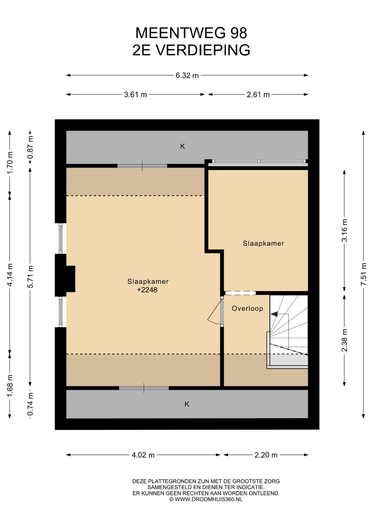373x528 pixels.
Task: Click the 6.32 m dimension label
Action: pos(187,75)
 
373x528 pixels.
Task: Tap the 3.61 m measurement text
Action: pos(135,95)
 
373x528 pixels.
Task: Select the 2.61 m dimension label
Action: pos(258,95)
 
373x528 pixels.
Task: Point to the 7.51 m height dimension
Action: pos(364,274)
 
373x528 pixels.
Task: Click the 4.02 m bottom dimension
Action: pos(143,455)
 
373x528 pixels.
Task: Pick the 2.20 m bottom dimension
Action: pos(266,455)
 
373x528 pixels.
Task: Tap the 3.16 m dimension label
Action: pos(344,230)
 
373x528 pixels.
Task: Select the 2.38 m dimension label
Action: pos(344,340)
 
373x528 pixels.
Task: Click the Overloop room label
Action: pos(247,308)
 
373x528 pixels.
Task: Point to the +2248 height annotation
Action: pos(147,290)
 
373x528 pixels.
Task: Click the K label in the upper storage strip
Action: pos(183,146)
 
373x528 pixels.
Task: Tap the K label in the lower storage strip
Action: pos(187,404)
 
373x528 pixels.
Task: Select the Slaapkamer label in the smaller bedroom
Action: pos(263,243)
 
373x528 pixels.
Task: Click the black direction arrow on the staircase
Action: pos(274,314)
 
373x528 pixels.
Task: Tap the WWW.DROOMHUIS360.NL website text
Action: pos(209,499)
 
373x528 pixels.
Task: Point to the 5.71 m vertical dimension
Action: pos(30,277)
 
